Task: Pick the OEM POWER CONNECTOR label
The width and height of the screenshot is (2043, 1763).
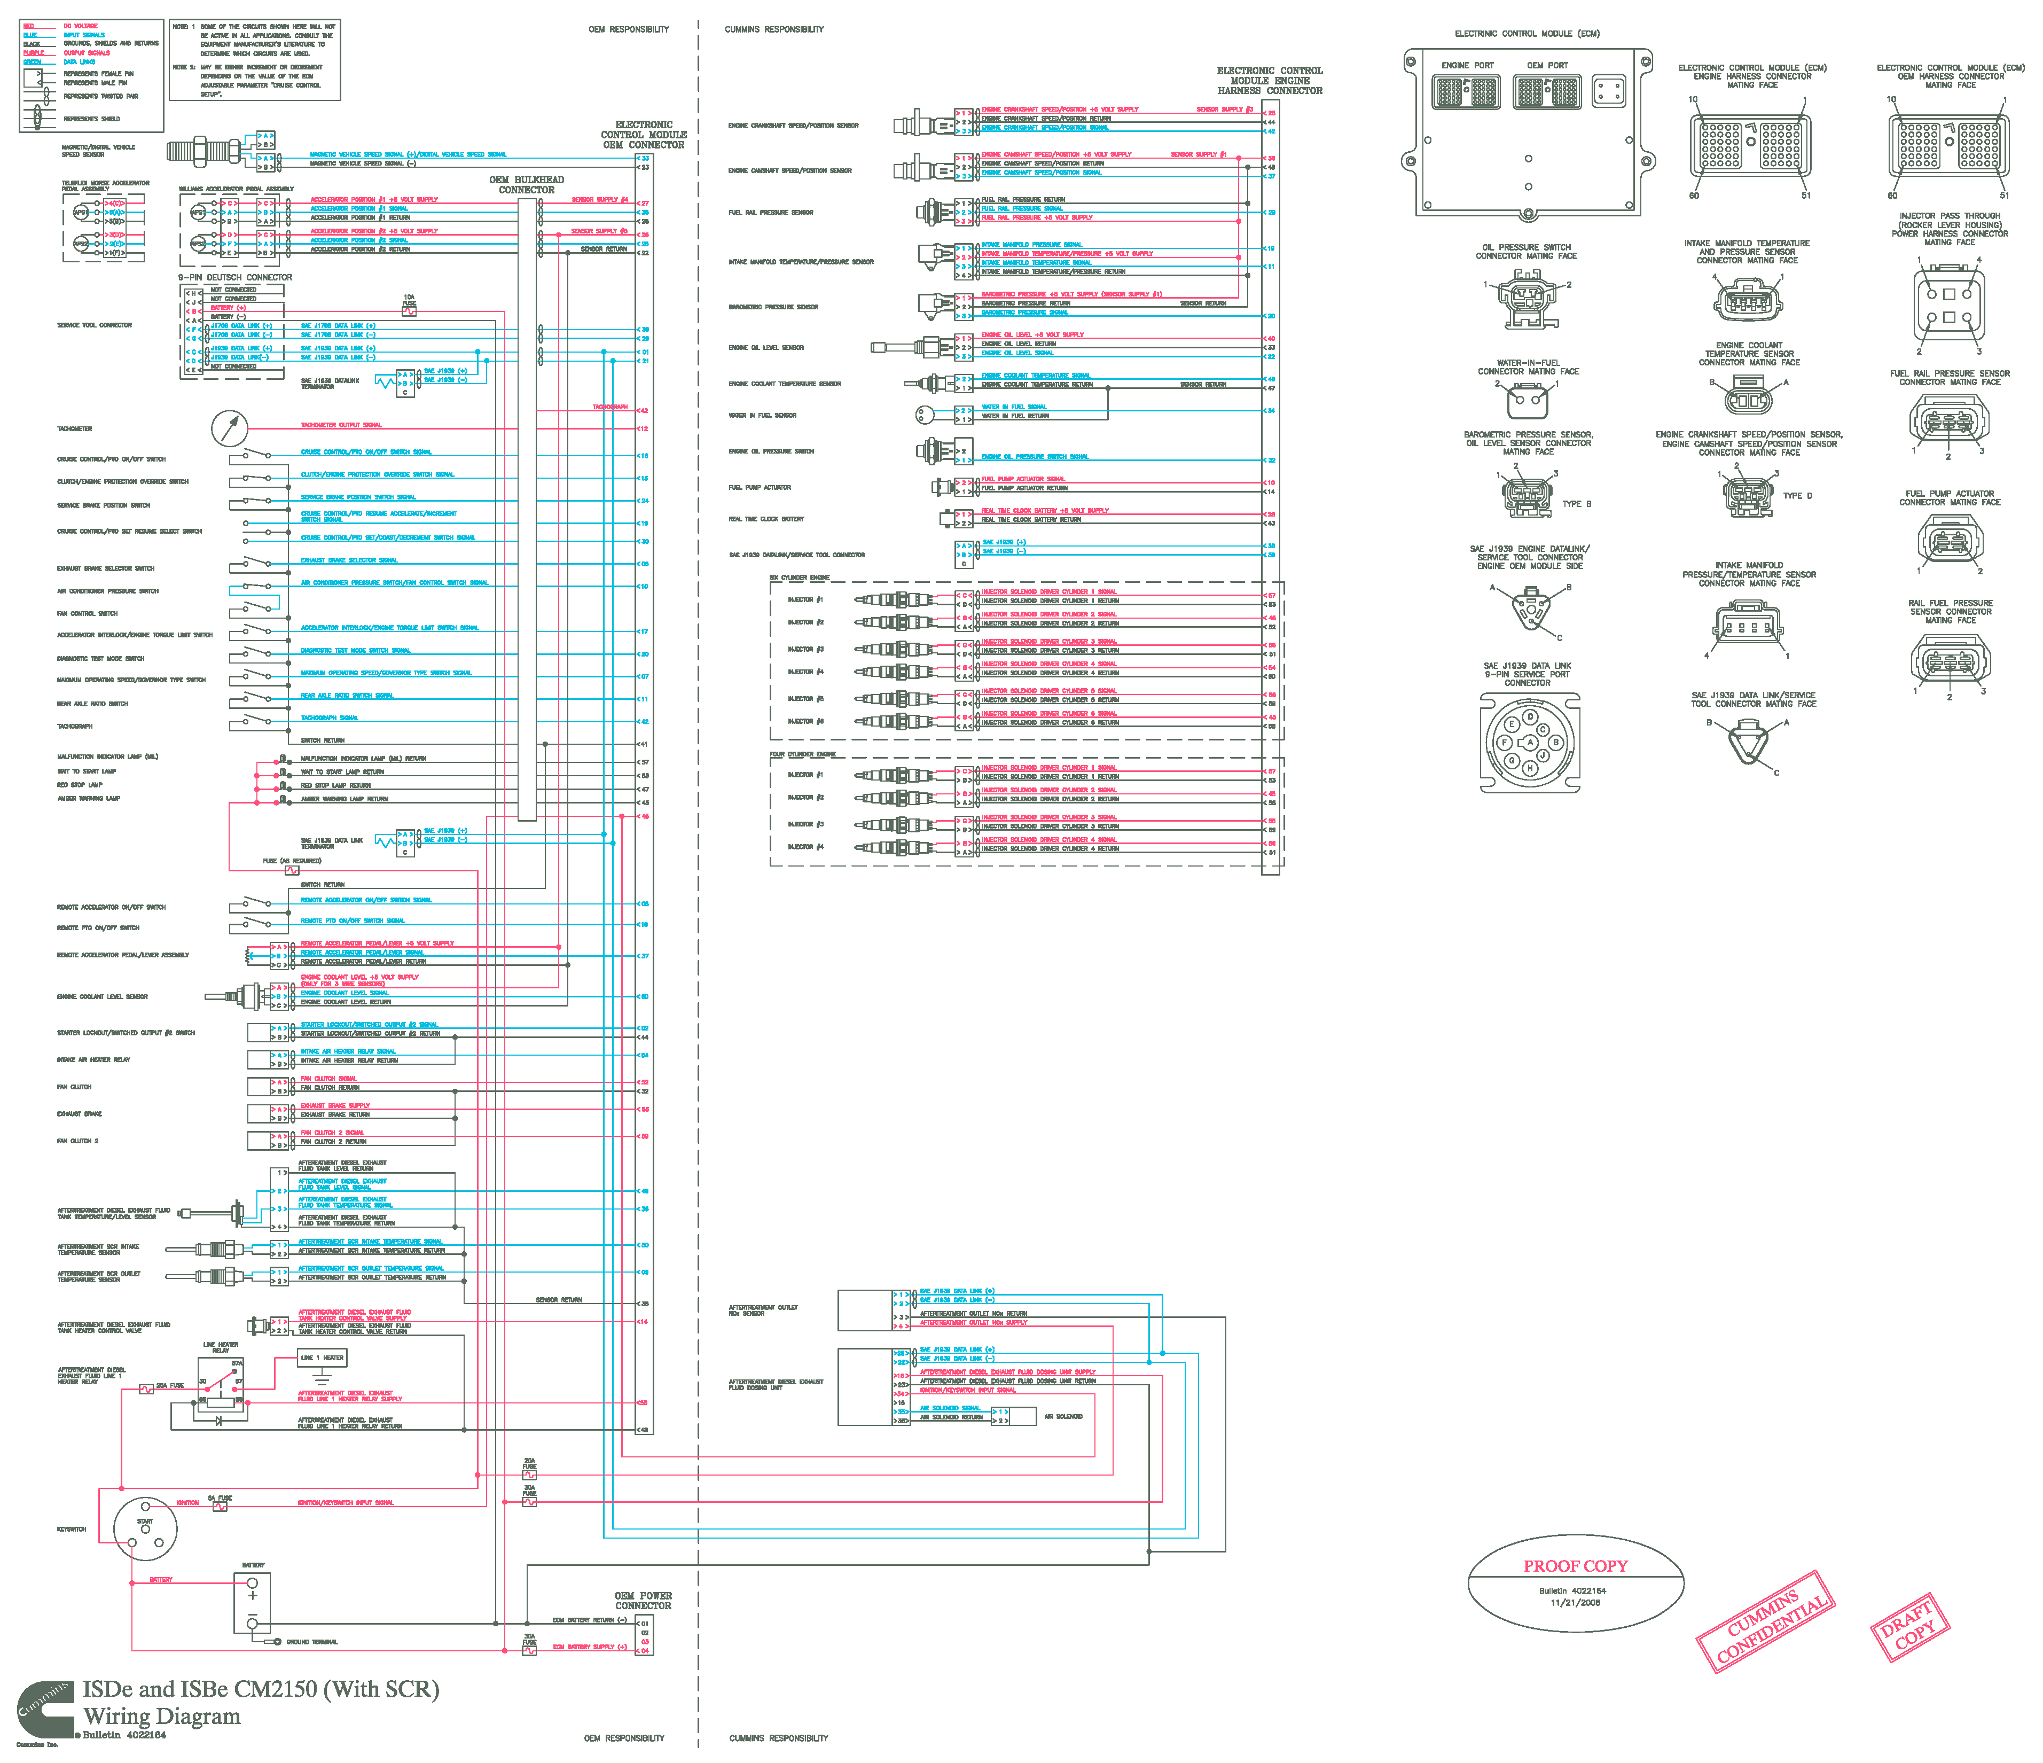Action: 643,1600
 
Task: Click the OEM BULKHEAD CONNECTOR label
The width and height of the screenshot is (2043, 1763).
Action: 527,184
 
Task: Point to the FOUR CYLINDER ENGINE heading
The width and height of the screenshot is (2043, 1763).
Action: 803,754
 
